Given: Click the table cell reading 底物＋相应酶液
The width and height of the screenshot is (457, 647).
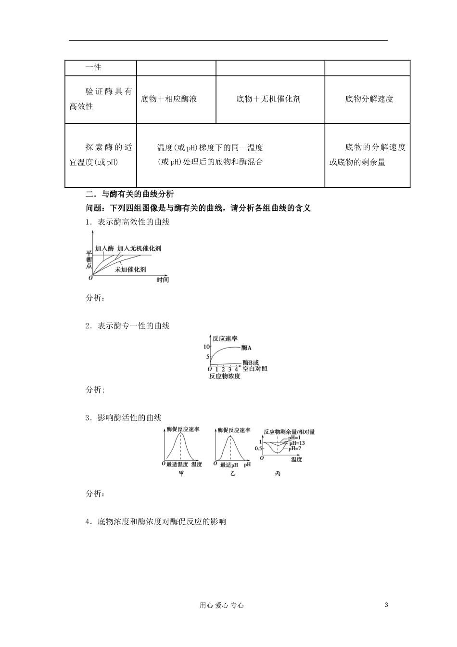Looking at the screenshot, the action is [169, 99].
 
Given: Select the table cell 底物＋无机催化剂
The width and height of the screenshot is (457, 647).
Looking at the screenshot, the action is [268, 99].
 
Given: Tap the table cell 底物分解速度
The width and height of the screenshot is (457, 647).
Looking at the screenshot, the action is [369, 99].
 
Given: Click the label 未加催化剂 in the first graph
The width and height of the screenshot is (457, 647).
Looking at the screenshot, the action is [130, 270].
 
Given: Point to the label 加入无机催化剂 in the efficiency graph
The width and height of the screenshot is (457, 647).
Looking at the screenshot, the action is [139, 248].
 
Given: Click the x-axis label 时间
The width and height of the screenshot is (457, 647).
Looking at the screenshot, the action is [163, 280].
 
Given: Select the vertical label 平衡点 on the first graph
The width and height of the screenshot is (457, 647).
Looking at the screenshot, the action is [89, 259].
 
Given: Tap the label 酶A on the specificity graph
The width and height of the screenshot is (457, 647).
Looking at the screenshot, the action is [247, 348].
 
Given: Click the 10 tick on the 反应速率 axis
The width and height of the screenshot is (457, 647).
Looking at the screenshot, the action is [206, 347].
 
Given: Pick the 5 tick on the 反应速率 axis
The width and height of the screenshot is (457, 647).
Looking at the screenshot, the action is [208, 357].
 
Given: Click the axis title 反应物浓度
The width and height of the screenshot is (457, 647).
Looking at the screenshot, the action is [225, 376].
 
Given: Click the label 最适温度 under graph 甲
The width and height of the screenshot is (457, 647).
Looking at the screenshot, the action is [177, 465].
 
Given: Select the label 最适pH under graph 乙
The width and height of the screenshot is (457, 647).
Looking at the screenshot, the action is [229, 465].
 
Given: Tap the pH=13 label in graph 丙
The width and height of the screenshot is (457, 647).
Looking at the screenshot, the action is [297, 443].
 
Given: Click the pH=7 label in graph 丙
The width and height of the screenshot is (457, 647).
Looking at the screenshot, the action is [295, 448].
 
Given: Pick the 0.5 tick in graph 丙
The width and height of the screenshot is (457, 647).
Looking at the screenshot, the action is [259, 449].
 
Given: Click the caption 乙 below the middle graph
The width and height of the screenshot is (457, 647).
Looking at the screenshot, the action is [233, 474].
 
